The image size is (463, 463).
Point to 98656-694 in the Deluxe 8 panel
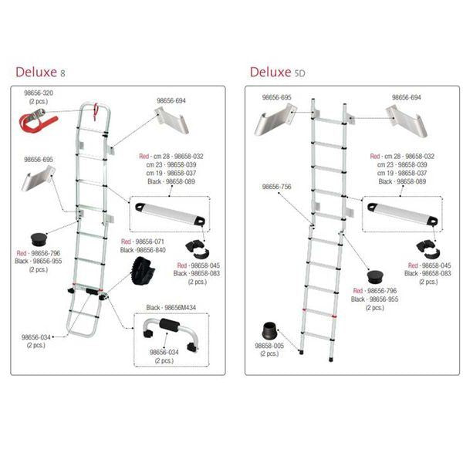[x=171, y=100]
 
